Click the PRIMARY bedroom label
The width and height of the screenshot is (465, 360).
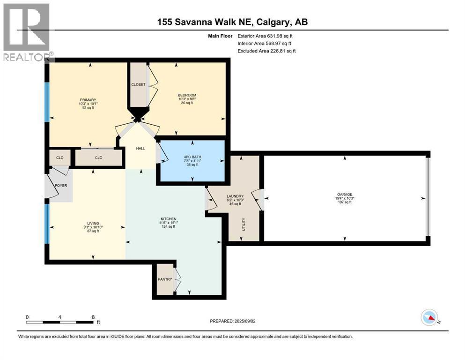point(88,100)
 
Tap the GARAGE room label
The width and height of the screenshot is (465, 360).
point(344,195)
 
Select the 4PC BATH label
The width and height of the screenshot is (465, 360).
point(192,157)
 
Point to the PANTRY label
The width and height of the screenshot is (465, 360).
point(165,279)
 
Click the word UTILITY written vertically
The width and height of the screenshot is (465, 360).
point(244,225)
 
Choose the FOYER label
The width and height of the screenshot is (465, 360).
point(61,186)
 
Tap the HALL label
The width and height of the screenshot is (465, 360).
point(140,149)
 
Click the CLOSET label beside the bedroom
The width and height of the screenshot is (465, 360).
point(138,84)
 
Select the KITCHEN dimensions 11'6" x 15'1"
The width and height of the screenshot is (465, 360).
point(169,223)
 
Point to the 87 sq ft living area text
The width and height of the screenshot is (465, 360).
point(93,231)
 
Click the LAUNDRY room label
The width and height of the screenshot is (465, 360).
point(235,196)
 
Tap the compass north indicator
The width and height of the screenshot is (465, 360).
point(430,317)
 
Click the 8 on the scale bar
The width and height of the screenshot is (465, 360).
point(93,317)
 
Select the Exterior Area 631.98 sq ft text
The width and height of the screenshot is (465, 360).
point(265,36)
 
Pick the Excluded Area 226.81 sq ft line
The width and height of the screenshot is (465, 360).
point(266,51)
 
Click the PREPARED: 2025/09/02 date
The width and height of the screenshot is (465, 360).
point(232,321)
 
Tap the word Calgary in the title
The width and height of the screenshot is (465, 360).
point(272,22)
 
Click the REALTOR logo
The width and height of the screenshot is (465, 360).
point(28,32)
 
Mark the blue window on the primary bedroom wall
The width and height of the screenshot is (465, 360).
point(47,102)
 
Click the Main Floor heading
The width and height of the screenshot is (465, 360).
point(220,36)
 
